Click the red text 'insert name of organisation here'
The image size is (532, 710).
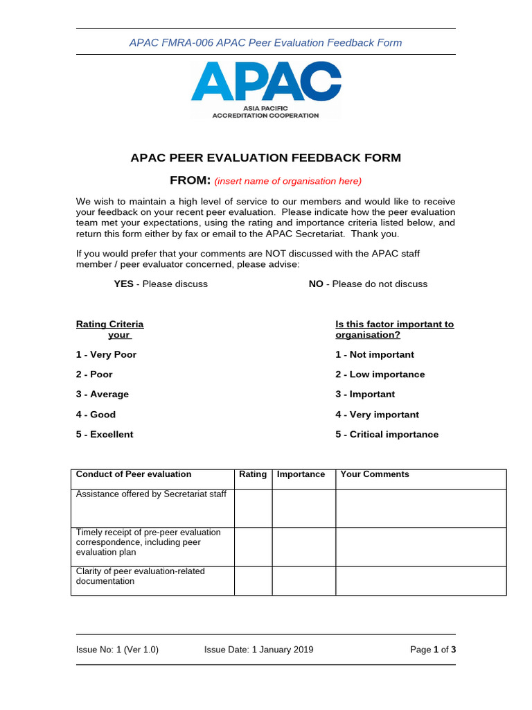pos(287,182)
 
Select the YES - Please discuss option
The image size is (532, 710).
pos(161,284)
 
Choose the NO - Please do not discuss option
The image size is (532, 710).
pos(368,284)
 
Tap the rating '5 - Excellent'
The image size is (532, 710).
pos(105,435)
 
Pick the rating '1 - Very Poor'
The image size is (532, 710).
pos(106,355)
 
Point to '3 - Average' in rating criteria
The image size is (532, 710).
pos(103,395)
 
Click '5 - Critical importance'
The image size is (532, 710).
pos(387,435)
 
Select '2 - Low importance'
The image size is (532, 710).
pos(380,374)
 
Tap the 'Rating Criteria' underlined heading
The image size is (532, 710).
pos(109,324)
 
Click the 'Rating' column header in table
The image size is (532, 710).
pos(253,475)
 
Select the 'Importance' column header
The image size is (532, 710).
pos(301,475)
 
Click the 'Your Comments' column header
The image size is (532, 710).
pos(374,475)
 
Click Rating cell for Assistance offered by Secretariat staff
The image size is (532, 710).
pos(253,508)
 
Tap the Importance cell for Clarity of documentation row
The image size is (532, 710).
pos(303,580)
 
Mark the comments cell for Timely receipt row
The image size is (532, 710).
pos(421,546)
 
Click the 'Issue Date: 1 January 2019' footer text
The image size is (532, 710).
pos(258,650)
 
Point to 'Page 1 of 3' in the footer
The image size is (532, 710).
pos(433,650)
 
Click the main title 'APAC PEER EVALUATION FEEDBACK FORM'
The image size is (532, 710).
pos(265,158)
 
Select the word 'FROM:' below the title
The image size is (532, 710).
pos(190,181)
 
